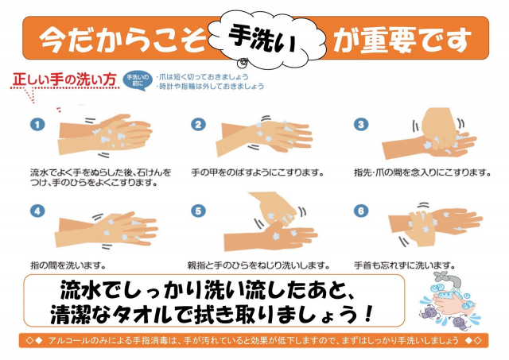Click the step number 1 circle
click(37, 125)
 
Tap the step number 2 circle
click(198, 125)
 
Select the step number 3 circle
click(360, 124)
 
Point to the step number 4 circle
click(37, 211)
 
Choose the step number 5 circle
click(198, 211)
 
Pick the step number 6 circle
click(360, 211)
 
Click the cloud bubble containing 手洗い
click(266, 39)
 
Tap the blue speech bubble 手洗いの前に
click(138, 80)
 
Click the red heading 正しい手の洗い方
click(64, 79)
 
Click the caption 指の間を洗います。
click(68, 265)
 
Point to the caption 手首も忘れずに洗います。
click(405, 265)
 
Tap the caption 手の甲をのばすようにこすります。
click(258, 172)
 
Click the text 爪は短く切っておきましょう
click(202, 77)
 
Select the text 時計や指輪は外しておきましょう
click(210, 87)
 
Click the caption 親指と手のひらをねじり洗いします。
click(258, 265)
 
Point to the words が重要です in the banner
click(402, 40)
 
